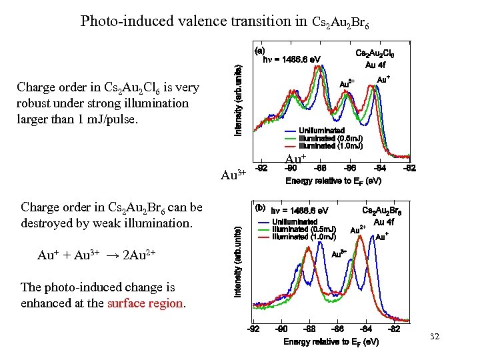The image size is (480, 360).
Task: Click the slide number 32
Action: [435, 337]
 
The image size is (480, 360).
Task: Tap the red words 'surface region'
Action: [145, 303]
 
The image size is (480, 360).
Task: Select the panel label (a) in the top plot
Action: [260, 49]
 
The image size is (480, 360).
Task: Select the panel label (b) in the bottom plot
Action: [260, 207]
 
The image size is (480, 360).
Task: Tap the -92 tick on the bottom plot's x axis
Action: [254, 329]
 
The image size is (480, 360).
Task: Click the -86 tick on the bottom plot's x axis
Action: [338, 329]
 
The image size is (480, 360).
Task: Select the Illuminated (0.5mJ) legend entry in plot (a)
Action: [330, 138]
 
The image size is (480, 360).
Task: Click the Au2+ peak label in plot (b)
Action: [357, 230]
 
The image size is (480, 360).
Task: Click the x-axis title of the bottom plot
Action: [331, 341]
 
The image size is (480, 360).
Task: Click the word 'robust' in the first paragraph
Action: [35, 103]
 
